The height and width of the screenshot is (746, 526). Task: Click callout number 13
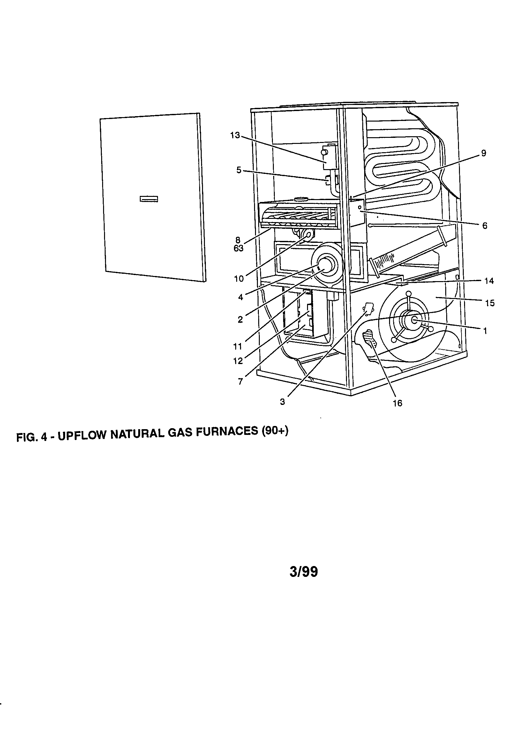point(235,135)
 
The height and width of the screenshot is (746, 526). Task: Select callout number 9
point(484,153)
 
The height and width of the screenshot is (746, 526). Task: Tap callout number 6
point(485,226)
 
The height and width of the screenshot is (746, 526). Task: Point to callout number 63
point(238,249)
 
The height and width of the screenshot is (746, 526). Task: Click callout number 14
point(489,281)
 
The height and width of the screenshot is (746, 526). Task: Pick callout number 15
point(490,303)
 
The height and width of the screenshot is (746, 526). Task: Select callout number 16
point(397,403)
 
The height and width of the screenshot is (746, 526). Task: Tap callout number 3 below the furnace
point(282,402)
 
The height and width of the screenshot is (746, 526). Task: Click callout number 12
point(238,361)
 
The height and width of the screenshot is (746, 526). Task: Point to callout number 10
point(239,279)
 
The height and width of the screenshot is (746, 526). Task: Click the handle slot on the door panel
point(149,199)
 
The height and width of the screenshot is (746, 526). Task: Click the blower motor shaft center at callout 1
point(415,320)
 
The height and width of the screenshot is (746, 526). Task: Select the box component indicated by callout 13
point(329,158)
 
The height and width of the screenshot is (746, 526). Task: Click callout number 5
point(239,170)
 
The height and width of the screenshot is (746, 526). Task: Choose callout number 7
point(240,381)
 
